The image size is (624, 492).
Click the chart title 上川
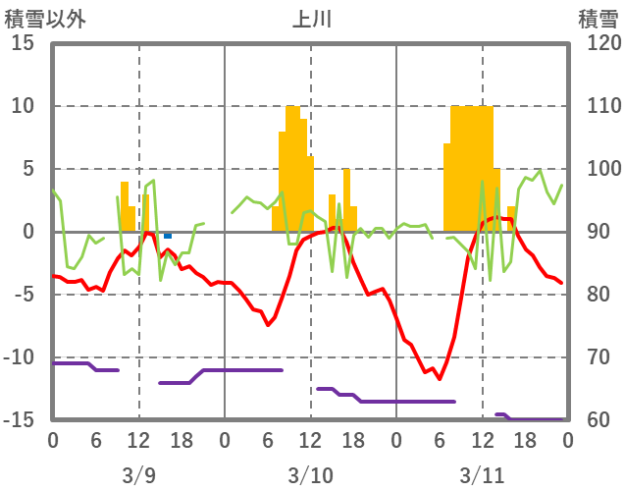pos(311,19)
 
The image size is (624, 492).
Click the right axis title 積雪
pos(597,19)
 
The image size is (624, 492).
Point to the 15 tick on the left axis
pos(24,43)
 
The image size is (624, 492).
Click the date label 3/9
pos(138,475)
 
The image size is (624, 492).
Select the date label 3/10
pos(310,475)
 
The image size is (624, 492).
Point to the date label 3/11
pos(482,475)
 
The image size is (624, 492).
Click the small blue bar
pos(168,236)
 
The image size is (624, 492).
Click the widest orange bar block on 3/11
pos(472,167)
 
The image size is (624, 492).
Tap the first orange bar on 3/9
pos(125,206)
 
